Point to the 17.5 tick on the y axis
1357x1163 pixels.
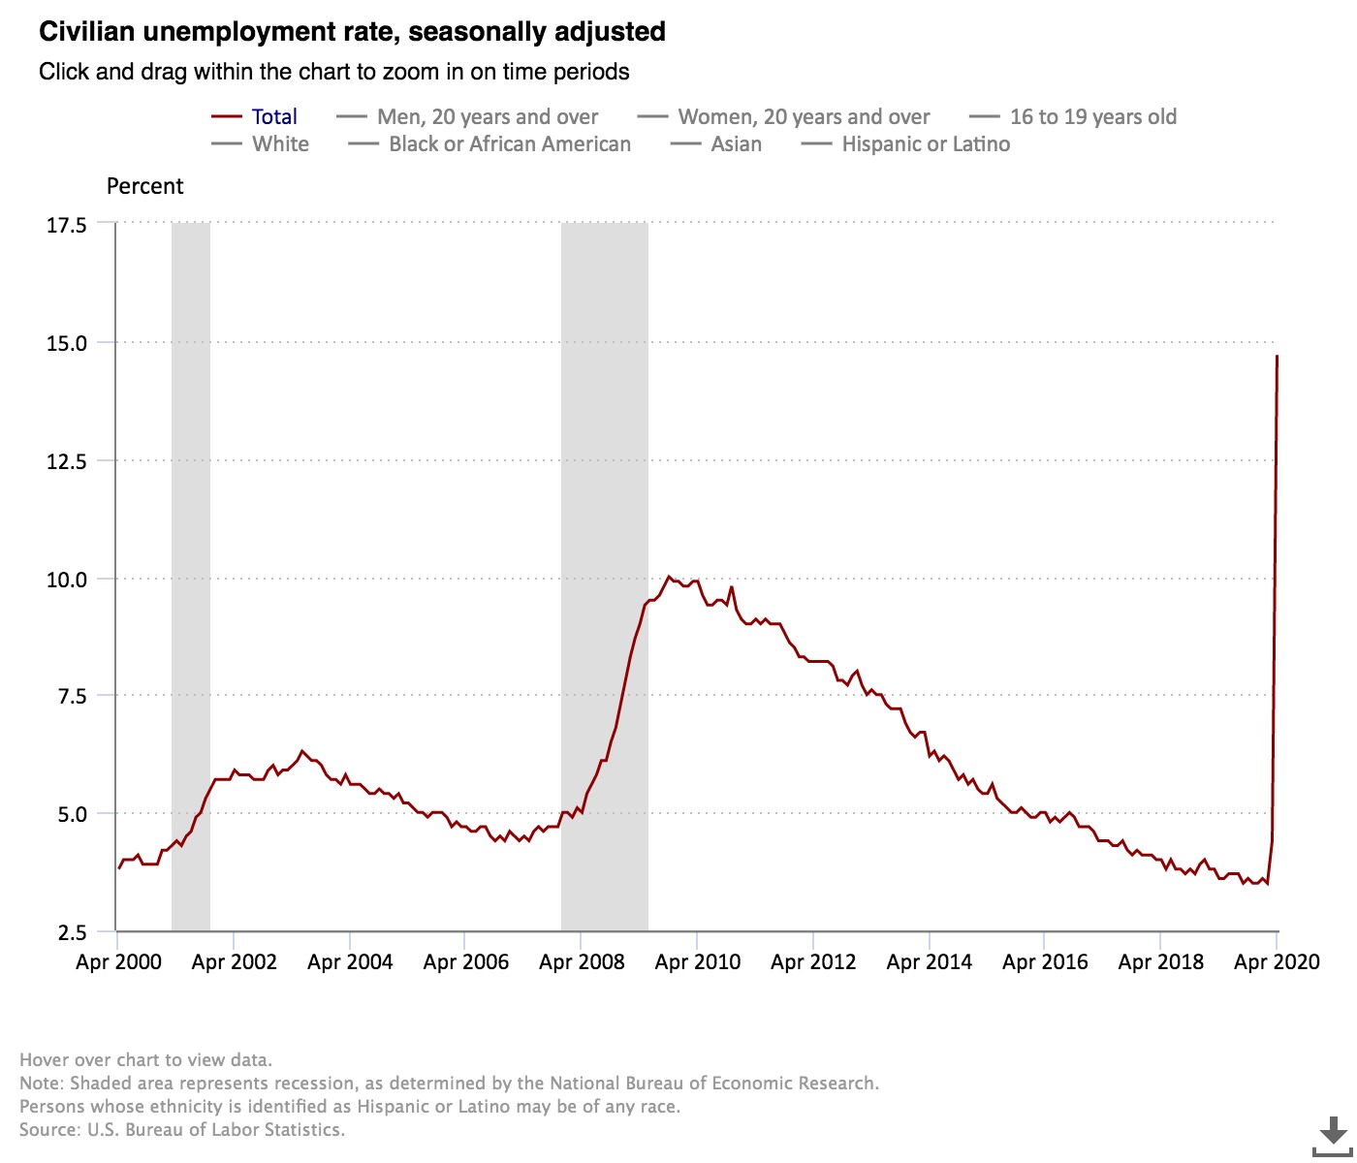(x=67, y=225)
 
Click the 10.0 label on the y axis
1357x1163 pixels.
(x=67, y=580)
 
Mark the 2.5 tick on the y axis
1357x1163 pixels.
(x=73, y=932)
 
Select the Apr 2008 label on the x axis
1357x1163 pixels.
(x=582, y=962)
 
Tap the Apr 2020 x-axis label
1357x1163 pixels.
(x=1277, y=962)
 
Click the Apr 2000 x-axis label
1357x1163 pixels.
(x=118, y=962)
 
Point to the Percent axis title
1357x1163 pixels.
(x=144, y=186)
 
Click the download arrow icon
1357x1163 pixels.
(x=1333, y=1132)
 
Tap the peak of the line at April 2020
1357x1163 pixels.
(x=1277, y=357)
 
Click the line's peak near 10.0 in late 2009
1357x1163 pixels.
(x=669, y=577)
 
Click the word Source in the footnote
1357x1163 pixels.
(x=49, y=1130)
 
